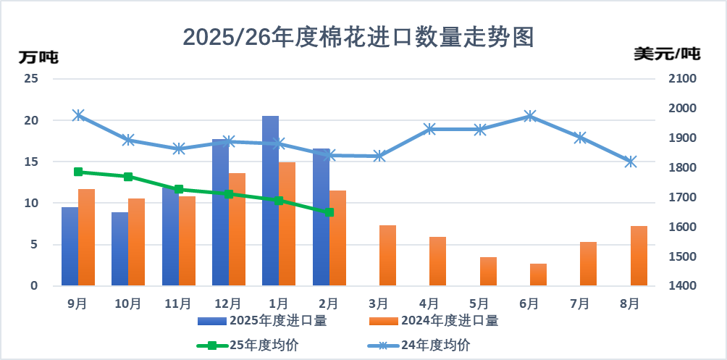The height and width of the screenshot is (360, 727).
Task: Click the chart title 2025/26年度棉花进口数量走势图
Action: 358,36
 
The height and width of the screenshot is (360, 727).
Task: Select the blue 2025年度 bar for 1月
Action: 270,201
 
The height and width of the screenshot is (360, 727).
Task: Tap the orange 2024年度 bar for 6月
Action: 538,275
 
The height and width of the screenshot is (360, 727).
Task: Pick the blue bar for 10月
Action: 119,248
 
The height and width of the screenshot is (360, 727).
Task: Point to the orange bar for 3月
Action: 387,256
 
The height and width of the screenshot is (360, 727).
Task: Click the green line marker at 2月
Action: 329,212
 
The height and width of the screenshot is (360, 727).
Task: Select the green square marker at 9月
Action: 78,172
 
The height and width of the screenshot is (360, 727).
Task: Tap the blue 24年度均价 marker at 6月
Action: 530,116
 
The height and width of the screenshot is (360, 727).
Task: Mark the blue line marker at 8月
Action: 631,162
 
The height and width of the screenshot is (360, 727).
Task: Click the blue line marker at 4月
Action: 429,129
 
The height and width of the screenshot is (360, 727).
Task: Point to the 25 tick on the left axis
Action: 30,78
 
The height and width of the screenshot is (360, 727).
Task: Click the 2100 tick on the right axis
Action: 681,78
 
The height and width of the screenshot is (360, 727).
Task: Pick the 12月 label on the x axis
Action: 228,304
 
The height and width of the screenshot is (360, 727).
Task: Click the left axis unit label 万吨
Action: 38,56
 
